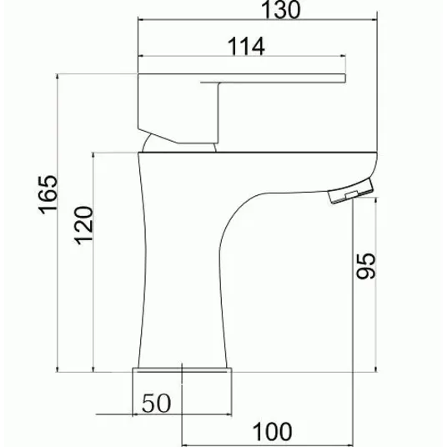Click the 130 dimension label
281,10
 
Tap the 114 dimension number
246,47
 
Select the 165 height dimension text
48,194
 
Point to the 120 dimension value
83,225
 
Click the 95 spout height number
366,266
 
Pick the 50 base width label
156,404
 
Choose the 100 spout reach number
273,432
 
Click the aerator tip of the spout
350,190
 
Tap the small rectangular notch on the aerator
351,194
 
